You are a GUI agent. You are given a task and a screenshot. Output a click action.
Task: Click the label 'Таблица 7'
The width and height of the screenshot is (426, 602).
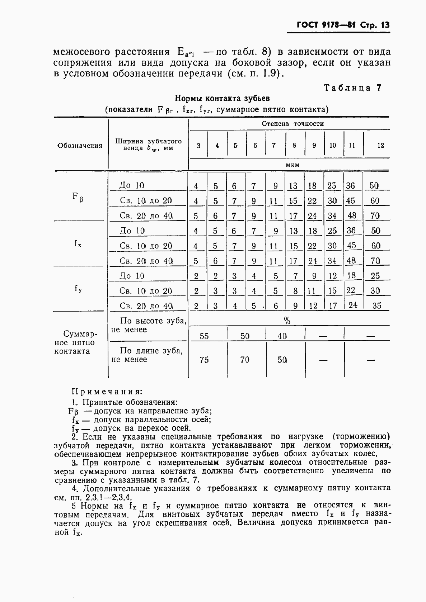click(352, 88)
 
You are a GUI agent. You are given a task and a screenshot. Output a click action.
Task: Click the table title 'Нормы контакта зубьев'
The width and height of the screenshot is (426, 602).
click(222, 98)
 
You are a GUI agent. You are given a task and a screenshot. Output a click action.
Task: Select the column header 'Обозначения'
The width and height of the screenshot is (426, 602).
click(80, 146)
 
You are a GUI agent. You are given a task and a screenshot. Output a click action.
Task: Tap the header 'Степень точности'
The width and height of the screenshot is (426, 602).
click(292, 124)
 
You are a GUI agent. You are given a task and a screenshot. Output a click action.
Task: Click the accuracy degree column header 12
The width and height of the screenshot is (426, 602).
click(380, 145)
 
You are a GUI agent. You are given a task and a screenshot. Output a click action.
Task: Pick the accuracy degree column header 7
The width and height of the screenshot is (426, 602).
click(274, 145)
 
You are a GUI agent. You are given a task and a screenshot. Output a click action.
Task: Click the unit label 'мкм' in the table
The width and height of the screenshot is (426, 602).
click(292, 165)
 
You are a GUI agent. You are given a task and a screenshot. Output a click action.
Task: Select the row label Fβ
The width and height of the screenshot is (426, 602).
click(78, 197)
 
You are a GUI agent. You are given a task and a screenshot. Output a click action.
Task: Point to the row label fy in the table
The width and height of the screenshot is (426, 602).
click(78, 288)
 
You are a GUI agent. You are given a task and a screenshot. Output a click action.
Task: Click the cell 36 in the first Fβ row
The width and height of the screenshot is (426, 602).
click(350, 186)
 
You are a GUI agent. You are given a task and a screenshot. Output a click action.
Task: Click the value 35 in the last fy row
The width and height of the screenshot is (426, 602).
click(376, 306)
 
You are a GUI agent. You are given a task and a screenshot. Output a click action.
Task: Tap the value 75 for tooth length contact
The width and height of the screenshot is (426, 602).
click(204, 360)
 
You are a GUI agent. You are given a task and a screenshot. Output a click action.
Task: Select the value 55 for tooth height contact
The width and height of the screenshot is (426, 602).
click(204, 336)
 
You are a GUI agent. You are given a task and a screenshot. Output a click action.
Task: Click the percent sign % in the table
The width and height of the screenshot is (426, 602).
click(287, 321)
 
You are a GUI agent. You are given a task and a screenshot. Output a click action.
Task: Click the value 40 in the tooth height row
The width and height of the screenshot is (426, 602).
click(282, 336)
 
